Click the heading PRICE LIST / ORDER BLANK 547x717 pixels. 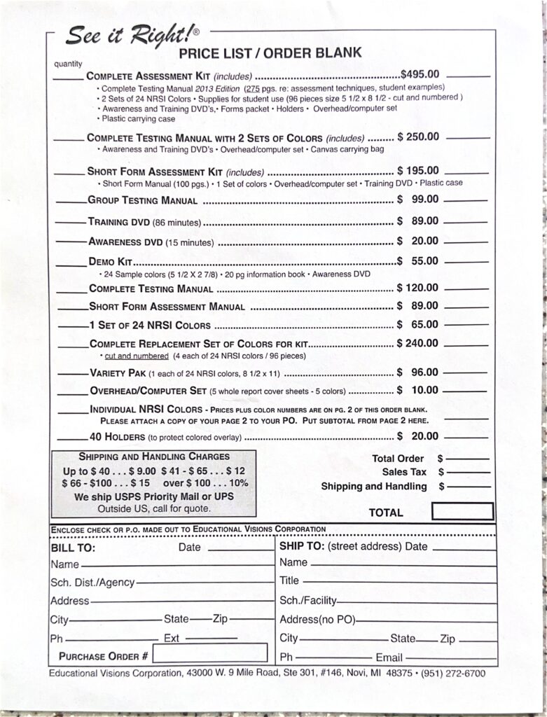(270, 53)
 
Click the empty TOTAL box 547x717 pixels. (462, 512)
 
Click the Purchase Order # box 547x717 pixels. (209, 653)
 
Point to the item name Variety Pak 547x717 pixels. (117, 373)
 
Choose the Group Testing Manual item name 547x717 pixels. (142, 200)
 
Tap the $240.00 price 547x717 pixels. (417, 343)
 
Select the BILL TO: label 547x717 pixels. (73, 548)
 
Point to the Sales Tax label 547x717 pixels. (404, 472)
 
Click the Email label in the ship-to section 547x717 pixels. (389, 657)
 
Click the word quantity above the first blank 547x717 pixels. (69, 65)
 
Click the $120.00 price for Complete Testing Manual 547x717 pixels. (417, 288)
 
